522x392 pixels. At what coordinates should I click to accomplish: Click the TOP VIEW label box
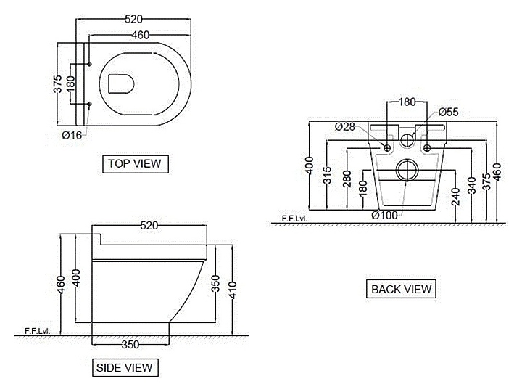tap(134, 163)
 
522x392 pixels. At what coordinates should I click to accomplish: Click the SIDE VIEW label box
tap(125, 367)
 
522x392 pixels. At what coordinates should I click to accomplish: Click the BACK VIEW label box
tap(401, 288)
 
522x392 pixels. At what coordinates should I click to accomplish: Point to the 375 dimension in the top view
tap(58, 86)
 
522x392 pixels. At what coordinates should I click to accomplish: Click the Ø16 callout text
tap(71, 134)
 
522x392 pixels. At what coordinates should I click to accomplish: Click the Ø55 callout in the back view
tap(449, 112)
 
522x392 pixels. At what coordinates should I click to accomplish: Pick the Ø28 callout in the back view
tap(345, 126)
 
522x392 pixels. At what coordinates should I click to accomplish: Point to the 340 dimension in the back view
tap(473, 186)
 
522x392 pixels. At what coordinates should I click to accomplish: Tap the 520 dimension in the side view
tap(149, 226)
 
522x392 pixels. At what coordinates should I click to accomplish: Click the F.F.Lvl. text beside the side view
tap(36, 331)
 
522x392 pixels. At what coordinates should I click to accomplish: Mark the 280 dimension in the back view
tap(347, 180)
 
